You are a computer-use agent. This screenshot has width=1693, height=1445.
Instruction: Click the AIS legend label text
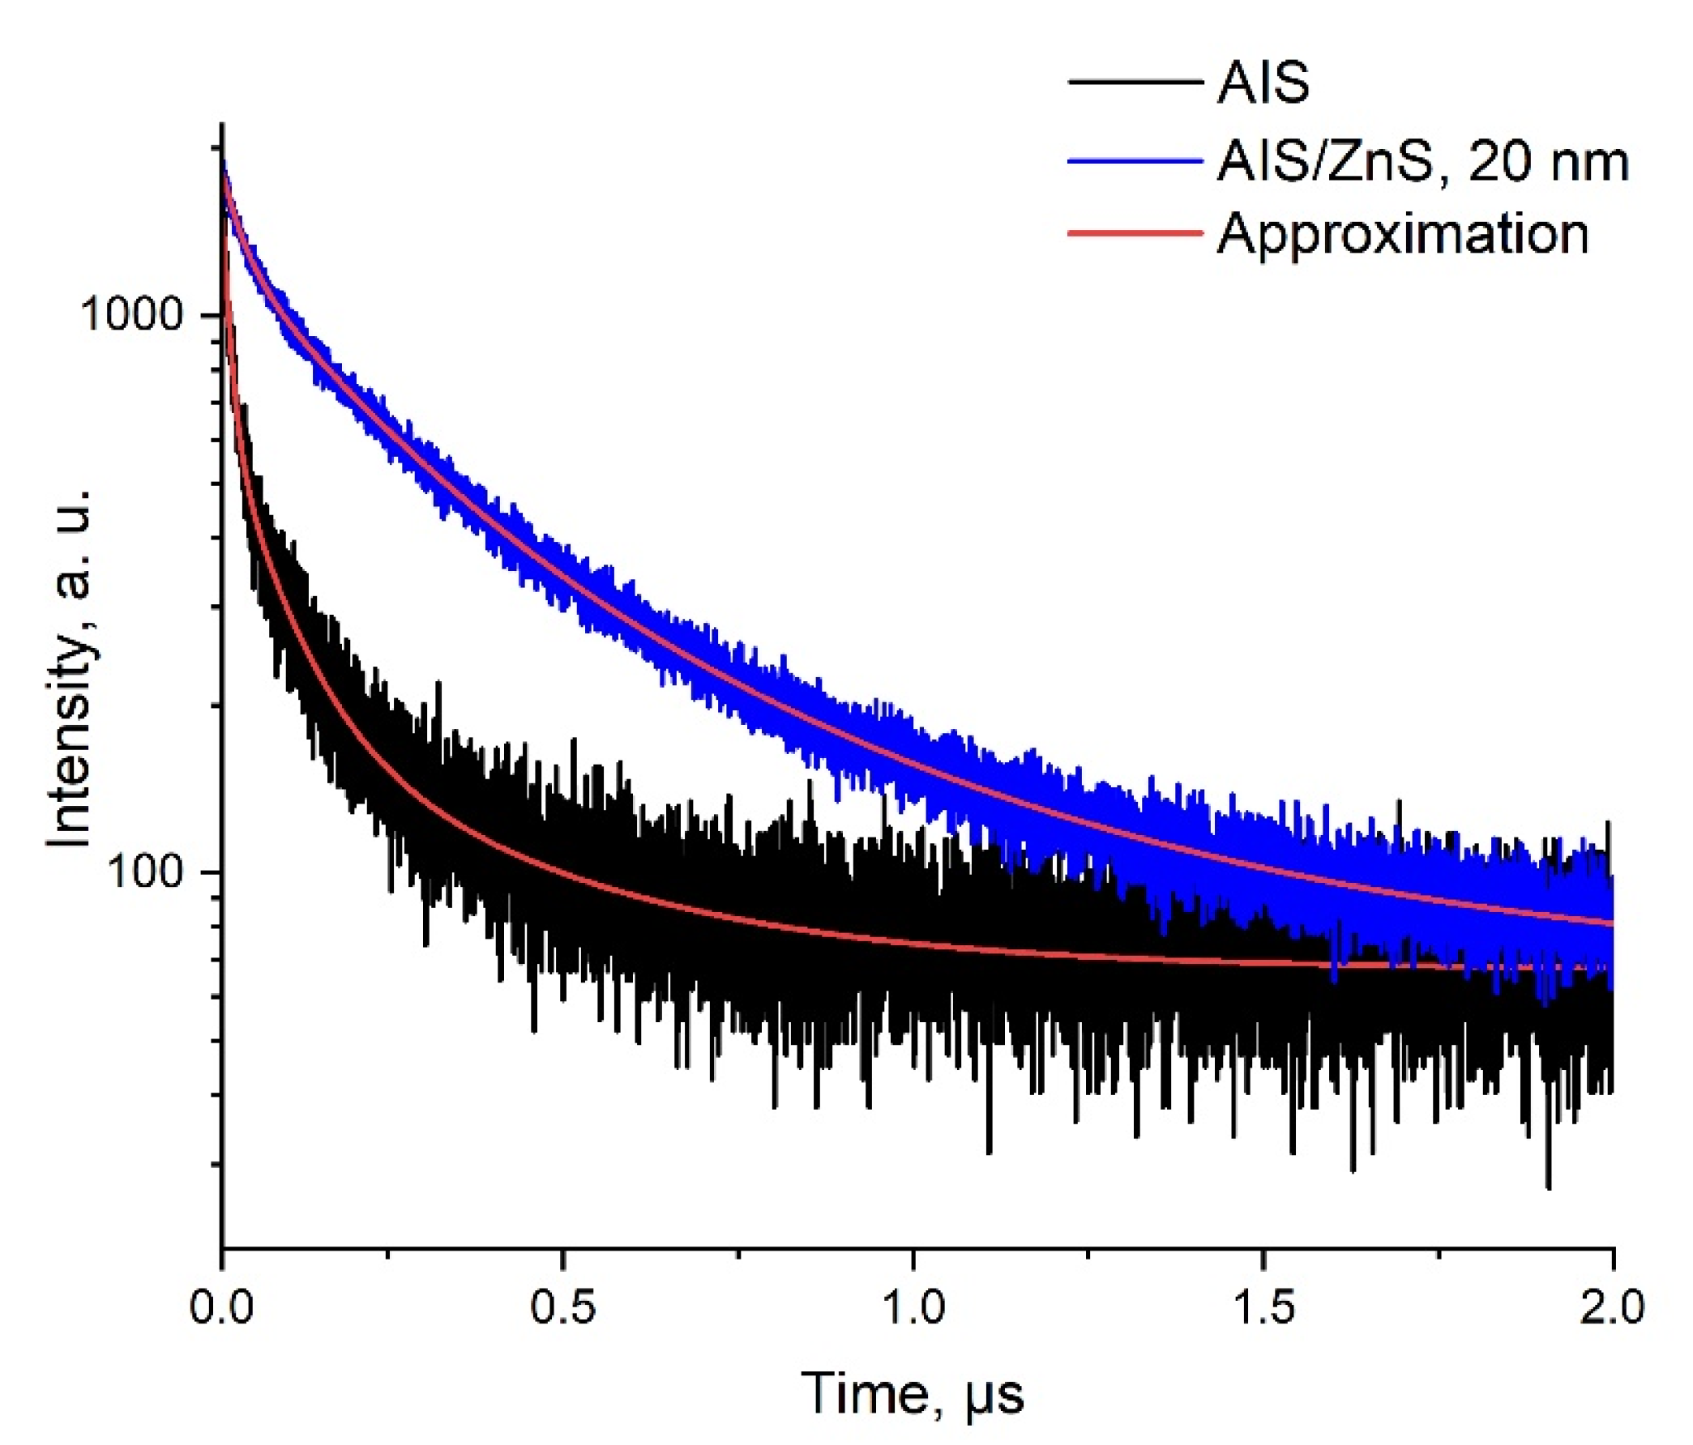pos(1263,83)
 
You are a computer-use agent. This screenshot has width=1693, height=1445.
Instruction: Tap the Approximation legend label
pos(1402,234)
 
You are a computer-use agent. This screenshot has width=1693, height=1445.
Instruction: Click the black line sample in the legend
pos(1135,83)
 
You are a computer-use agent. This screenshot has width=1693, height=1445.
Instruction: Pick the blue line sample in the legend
pos(1135,161)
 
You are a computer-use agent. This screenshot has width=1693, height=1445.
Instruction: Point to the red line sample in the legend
pos(1135,233)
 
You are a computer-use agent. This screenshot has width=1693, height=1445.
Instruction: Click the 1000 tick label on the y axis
pos(130,314)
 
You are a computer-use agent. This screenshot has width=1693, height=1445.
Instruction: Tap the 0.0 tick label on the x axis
pos(221,1306)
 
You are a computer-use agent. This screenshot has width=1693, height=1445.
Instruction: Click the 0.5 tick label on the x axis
pos(563,1306)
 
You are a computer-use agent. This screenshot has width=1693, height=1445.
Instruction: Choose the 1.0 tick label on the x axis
pos(913,1306)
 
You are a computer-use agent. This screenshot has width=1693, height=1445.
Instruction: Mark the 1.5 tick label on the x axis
pos(1263,1306)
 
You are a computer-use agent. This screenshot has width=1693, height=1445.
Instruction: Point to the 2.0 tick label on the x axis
pos(1612,1306)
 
